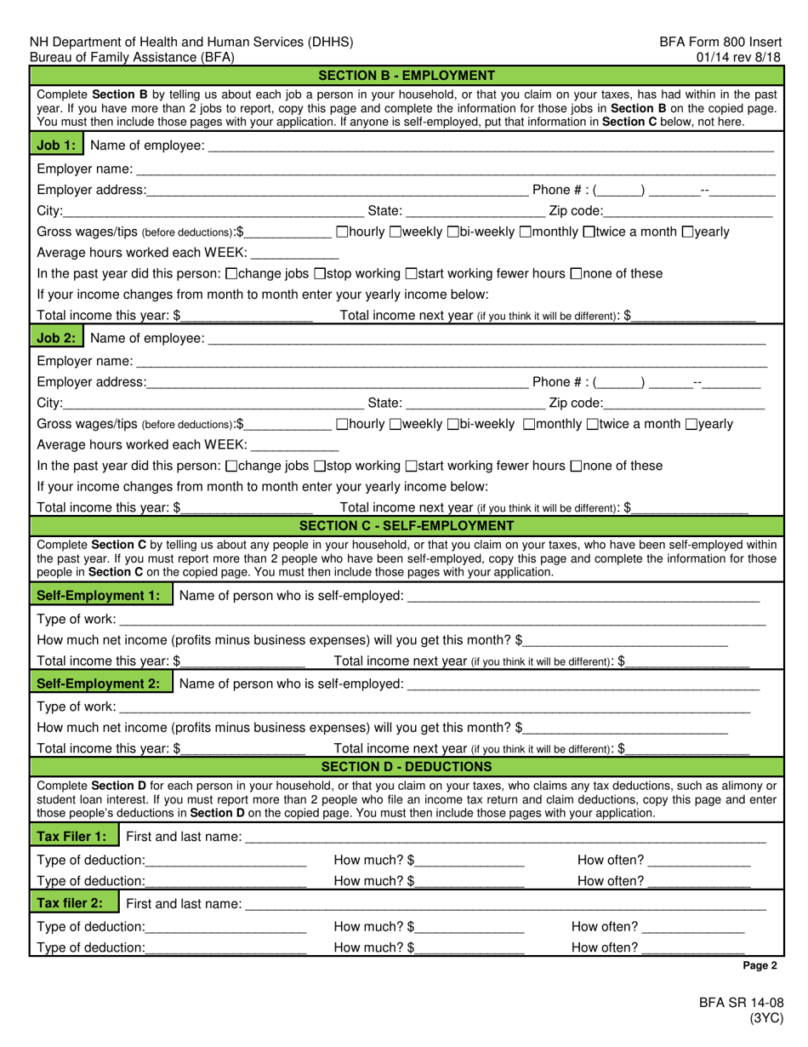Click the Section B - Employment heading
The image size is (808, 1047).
[x=405, y=75]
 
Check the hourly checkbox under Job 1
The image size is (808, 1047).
[x=342, y=232]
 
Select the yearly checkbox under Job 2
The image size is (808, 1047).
[x=690, y=424]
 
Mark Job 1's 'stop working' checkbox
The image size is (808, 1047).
[x=320, y=274]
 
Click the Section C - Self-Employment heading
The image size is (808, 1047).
[x=405, y=525]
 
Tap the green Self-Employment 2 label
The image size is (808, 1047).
[x=100, y=684]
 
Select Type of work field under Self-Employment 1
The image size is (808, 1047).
[x=441, y=619]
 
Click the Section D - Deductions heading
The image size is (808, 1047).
[x=405, y=766]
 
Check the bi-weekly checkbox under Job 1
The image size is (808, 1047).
[x=452, y=232]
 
